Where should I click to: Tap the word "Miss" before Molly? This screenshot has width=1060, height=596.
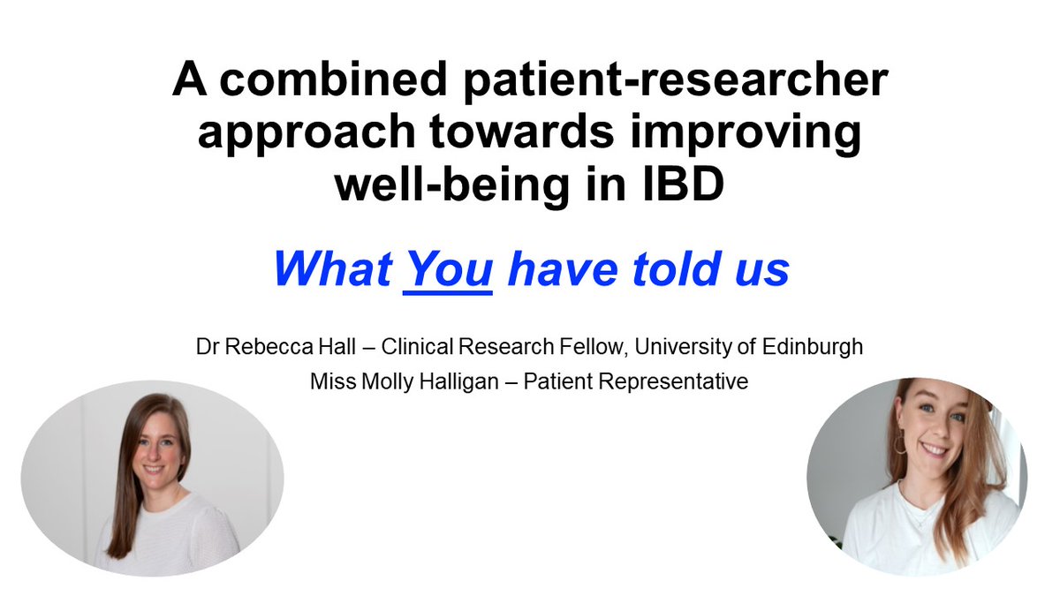329,383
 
